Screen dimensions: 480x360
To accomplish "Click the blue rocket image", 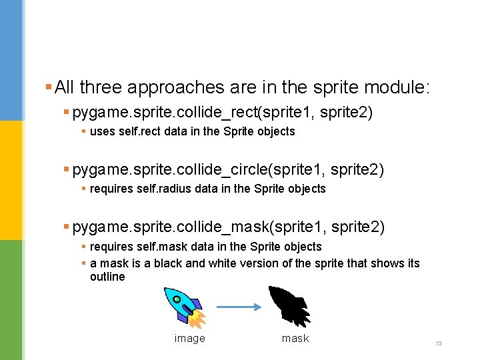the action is pyautogui.click(x=185, y=306).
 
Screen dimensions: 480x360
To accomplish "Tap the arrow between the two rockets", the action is pyautogui.click(x=237, y=307).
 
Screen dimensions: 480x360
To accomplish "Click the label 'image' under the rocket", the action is pyautogui.click(x=189, y=339).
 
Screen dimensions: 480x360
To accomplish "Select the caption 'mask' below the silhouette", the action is pyautogui.click(x=295, y=339).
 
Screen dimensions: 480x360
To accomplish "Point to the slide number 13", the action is pyautogui.click(x=439, y=343).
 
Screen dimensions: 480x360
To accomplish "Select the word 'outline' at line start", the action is pyautogui.click(x=107, y=277).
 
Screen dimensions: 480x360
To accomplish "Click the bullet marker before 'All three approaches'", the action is pyautogui.click(x=48, y=87).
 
